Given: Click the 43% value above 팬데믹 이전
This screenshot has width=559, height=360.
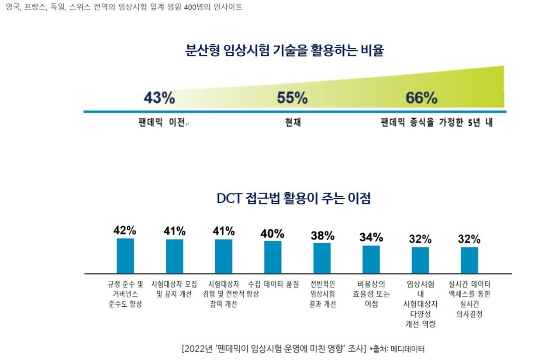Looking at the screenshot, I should pos(159,98).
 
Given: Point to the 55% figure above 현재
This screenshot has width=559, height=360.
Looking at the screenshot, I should pos(292,98).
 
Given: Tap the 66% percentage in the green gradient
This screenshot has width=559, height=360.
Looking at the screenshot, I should pos(421,98).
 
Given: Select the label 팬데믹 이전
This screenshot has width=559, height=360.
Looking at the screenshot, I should pos(161,123).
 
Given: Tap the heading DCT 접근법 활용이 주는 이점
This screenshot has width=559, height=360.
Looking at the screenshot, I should pos(293,198).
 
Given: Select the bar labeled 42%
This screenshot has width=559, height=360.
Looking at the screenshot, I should pos(125,256).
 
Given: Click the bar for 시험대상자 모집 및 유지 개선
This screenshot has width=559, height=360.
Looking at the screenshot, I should pos(175,256).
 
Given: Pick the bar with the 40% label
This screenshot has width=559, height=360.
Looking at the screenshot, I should pos(273,257).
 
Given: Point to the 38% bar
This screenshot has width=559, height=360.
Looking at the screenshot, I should pos(322,258).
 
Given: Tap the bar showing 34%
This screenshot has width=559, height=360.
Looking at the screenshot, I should pos(371,259).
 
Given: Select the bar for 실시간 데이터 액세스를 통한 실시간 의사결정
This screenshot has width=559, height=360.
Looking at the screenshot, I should pos(469,260).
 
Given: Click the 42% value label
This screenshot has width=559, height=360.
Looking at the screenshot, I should pos(125,230).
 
